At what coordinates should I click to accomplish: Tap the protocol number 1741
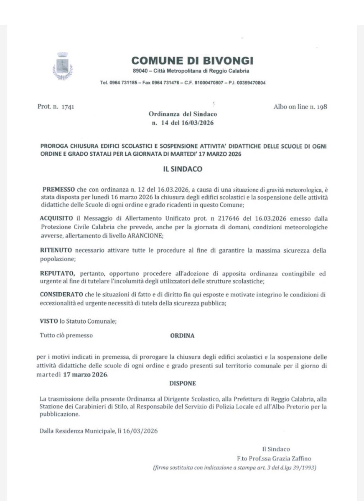(67, 107)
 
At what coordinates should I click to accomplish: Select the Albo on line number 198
(322, 106)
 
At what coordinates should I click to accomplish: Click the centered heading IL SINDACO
(183, 170)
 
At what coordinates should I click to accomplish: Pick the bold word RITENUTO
(56, 250)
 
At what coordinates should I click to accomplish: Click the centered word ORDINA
(182, 335)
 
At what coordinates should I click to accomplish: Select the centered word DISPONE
(183, 383)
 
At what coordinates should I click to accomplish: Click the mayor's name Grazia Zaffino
(298, 458)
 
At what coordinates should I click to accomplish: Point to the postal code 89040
(139, 71)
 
